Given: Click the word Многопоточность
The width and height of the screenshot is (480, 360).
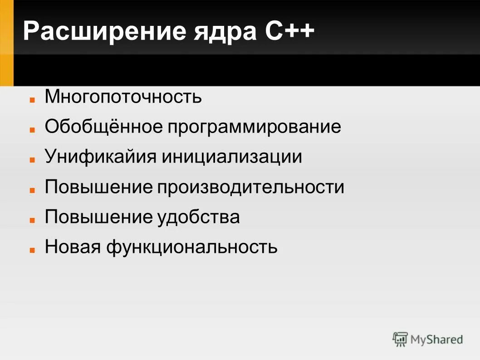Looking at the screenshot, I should tap(123, 97).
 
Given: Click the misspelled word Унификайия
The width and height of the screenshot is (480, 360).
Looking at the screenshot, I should tap(101, 157).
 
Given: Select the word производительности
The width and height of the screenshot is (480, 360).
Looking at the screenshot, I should tap(251, 187).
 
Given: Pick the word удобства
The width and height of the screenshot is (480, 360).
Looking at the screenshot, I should tap(199, 217).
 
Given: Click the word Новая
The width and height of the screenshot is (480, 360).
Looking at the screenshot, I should tap(73, 247).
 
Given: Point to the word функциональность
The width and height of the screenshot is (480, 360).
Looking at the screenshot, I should tap(192, 247).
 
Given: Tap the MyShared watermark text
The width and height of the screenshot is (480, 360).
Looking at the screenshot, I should tap(436, 340).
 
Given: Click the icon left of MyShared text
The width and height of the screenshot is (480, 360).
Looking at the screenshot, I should tap(400, 339).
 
